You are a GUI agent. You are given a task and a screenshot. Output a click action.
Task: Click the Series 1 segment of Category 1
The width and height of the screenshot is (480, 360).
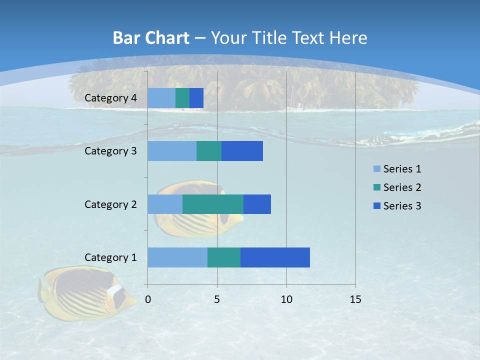click(x=177, y=257)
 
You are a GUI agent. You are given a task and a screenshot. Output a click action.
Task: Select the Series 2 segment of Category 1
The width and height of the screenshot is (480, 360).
click(x=224, y=257)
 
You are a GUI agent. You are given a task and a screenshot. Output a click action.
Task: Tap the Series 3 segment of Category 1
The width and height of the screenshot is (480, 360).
click(x=275, y=257)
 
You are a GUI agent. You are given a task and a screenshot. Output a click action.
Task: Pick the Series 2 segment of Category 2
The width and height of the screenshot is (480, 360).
click(x=213, y=204)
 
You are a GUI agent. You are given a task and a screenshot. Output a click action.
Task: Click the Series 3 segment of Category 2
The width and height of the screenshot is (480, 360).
click(x=257, y=204)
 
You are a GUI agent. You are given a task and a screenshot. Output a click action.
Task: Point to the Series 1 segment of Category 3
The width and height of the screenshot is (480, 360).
click(x=172, y=151)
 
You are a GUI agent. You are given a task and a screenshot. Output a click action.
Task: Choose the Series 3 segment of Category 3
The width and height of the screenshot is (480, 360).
click(x=242, y=151)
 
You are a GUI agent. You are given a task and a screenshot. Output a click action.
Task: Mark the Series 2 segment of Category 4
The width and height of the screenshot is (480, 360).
click(x=182, y=98)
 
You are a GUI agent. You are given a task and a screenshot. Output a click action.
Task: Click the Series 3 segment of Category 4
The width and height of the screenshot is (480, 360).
click(x=196, y=98)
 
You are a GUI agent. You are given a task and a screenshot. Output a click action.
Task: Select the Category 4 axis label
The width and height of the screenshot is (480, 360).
click(x=110, y=98)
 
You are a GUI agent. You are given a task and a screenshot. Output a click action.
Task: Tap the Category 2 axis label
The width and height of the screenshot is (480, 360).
click(x=110, y=204)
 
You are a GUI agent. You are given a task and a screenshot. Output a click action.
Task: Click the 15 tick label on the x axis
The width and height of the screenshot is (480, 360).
click(x=355, y=299)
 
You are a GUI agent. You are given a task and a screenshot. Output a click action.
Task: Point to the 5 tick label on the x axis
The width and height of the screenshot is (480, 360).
click(x=217, y=299)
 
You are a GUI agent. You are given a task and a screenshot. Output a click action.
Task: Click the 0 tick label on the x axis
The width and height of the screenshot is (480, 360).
click(x=148, y=299)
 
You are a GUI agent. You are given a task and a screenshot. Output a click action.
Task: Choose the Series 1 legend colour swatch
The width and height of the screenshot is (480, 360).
click(x=376, y=169)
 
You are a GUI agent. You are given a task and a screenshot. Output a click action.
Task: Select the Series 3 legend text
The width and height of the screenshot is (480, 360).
click(x=402, y=206)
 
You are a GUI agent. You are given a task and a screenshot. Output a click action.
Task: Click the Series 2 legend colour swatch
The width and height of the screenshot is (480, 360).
click(x=376, y=187)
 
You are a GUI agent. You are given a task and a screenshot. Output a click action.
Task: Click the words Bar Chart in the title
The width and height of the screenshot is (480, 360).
click(x=151, y=38)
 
